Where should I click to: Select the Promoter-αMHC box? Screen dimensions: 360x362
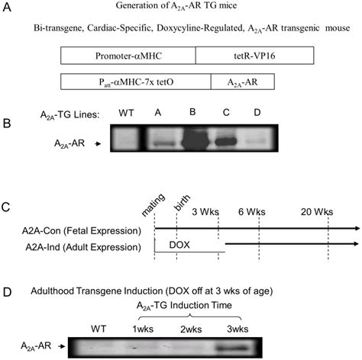128,56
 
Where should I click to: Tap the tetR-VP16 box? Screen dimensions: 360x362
253,56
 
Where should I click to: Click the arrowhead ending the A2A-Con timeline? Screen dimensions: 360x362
356,228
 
